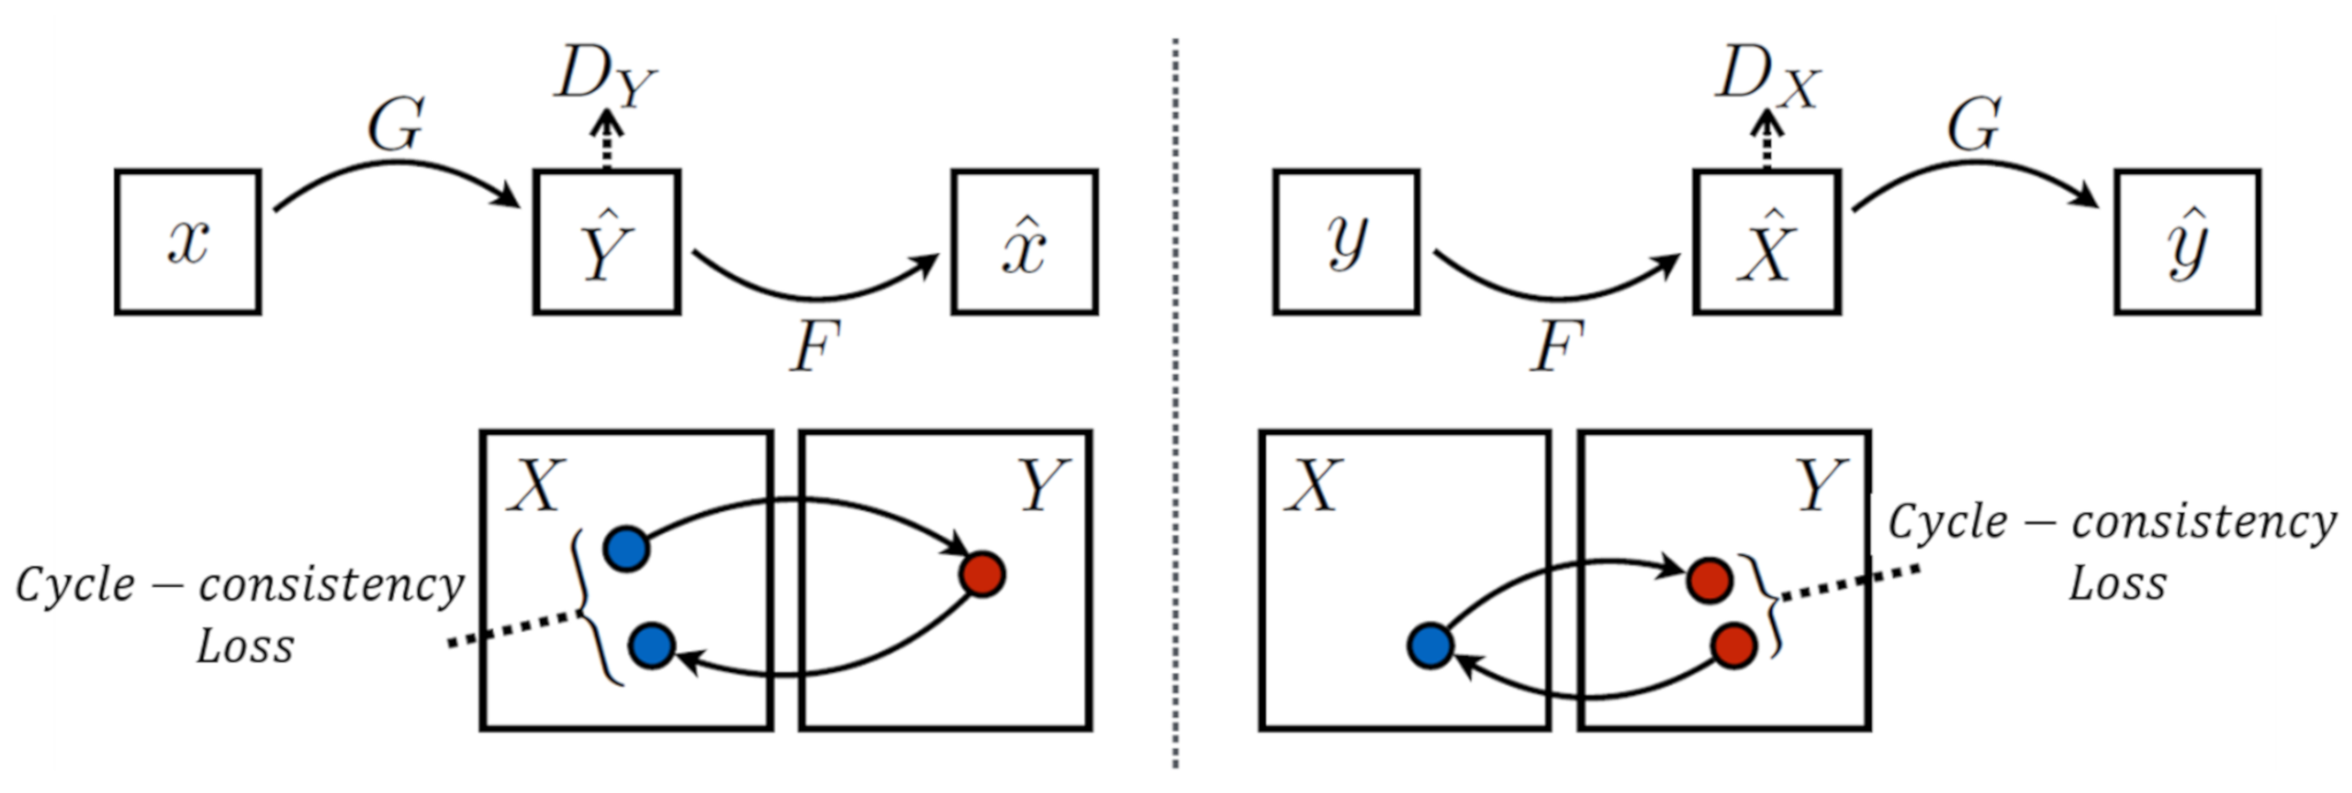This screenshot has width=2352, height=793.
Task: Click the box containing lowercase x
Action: tap(188, 242)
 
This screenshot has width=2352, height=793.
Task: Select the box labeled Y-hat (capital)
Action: tap(607, 242)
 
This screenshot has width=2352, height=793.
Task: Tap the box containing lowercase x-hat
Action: tap(1024, 242)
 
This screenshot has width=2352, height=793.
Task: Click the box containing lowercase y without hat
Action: tap(1347, 242)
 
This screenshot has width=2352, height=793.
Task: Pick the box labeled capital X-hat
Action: tap(1767, 242)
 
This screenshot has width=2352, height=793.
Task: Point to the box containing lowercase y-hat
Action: tap(2187, 242)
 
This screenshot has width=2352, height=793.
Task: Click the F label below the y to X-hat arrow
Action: tap(1556, 349)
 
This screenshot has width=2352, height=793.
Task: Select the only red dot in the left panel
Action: tap(983, 575)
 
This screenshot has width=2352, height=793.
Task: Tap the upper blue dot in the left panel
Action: tap(627, 549)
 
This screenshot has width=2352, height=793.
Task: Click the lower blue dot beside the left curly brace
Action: tap(652, 646)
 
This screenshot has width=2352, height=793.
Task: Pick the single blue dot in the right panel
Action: tap(1430, 646)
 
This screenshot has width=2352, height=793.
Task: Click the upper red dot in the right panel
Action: tap(1710, 580)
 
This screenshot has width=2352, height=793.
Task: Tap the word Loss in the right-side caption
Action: tap(2118, 584)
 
